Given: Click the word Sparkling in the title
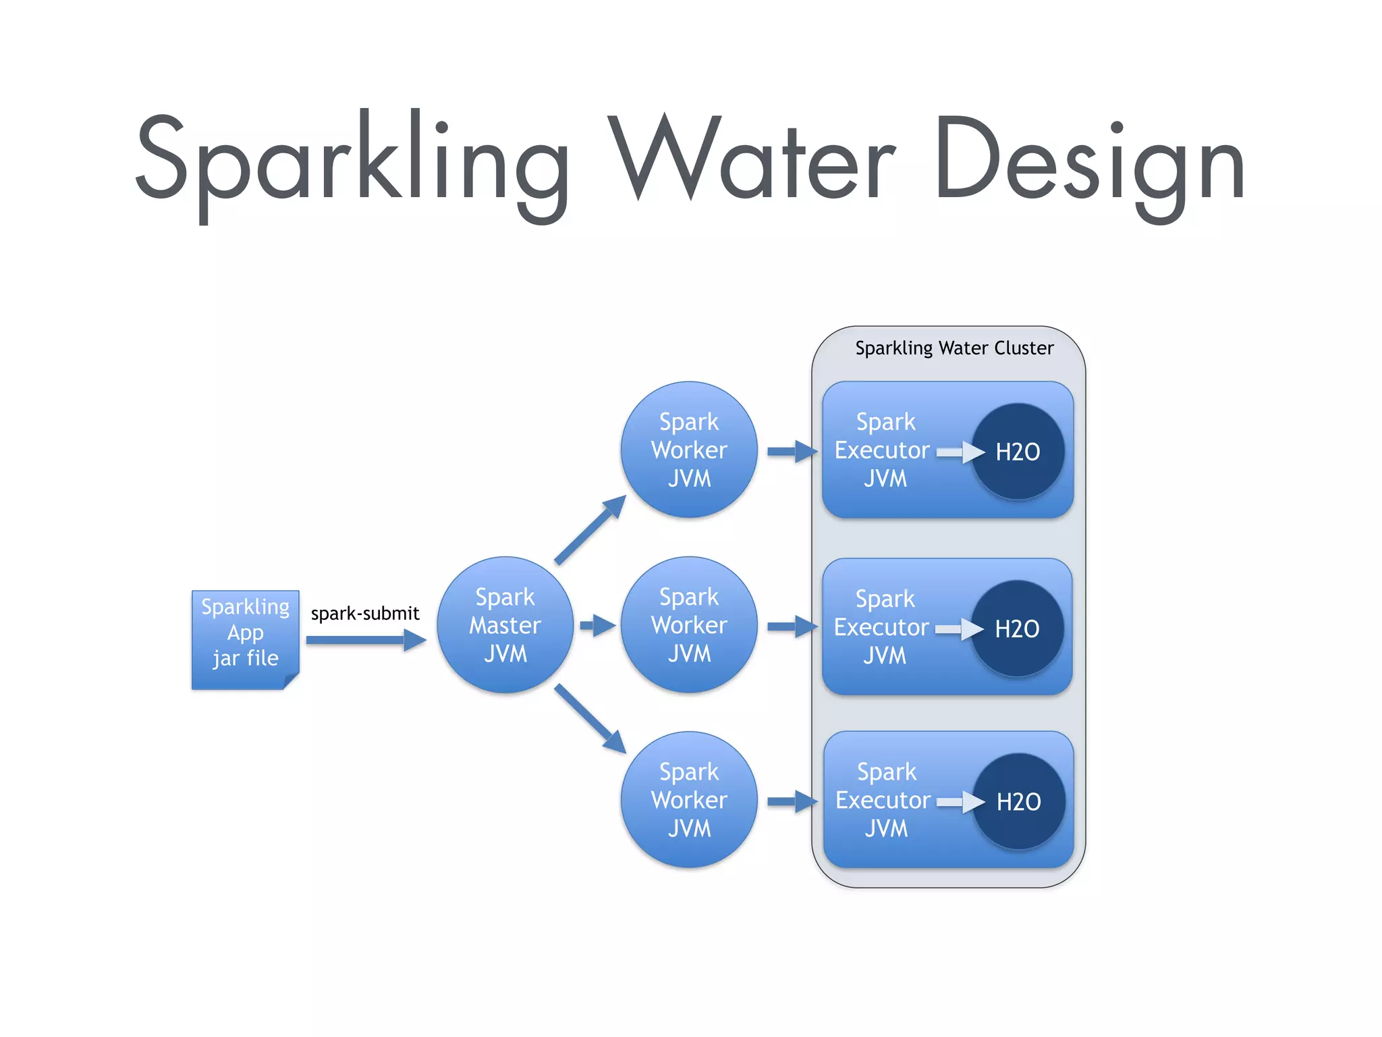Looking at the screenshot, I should pyautogui.click(x=351, y=162).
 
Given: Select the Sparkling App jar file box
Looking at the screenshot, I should pyautogui.click(x=245, y=639).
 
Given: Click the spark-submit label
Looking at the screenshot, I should pyautogui.click(x=364, y=614).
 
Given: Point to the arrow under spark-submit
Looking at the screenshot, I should pyautogui.click(x=365, y=639).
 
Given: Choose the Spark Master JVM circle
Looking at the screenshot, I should pyautogui.click(x=505, y=625).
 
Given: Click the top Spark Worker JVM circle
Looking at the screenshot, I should pyautogui.click(x=689, y=450).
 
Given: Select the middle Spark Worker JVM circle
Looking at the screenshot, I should pyautogui.click(x=689, y=625).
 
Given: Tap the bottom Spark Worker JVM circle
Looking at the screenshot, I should pyautogui.click(x=689, y=800).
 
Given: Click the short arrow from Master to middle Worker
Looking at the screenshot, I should pyautogui.click(x=597, y=625).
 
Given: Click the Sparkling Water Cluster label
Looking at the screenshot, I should pyautogui.click(x=953, y=348).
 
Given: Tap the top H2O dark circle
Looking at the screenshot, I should pyautogui.click(x=1018, y=452).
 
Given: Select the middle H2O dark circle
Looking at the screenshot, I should pyautogui.click(x=1017, y=629).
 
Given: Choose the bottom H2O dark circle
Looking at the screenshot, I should pyautogui.click(x=1018, y=801).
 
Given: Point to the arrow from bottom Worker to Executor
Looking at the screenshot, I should pyautogui.click(x=792, y=801).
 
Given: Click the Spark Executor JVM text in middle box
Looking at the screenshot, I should pyautogui.click(x=883, y=627).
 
